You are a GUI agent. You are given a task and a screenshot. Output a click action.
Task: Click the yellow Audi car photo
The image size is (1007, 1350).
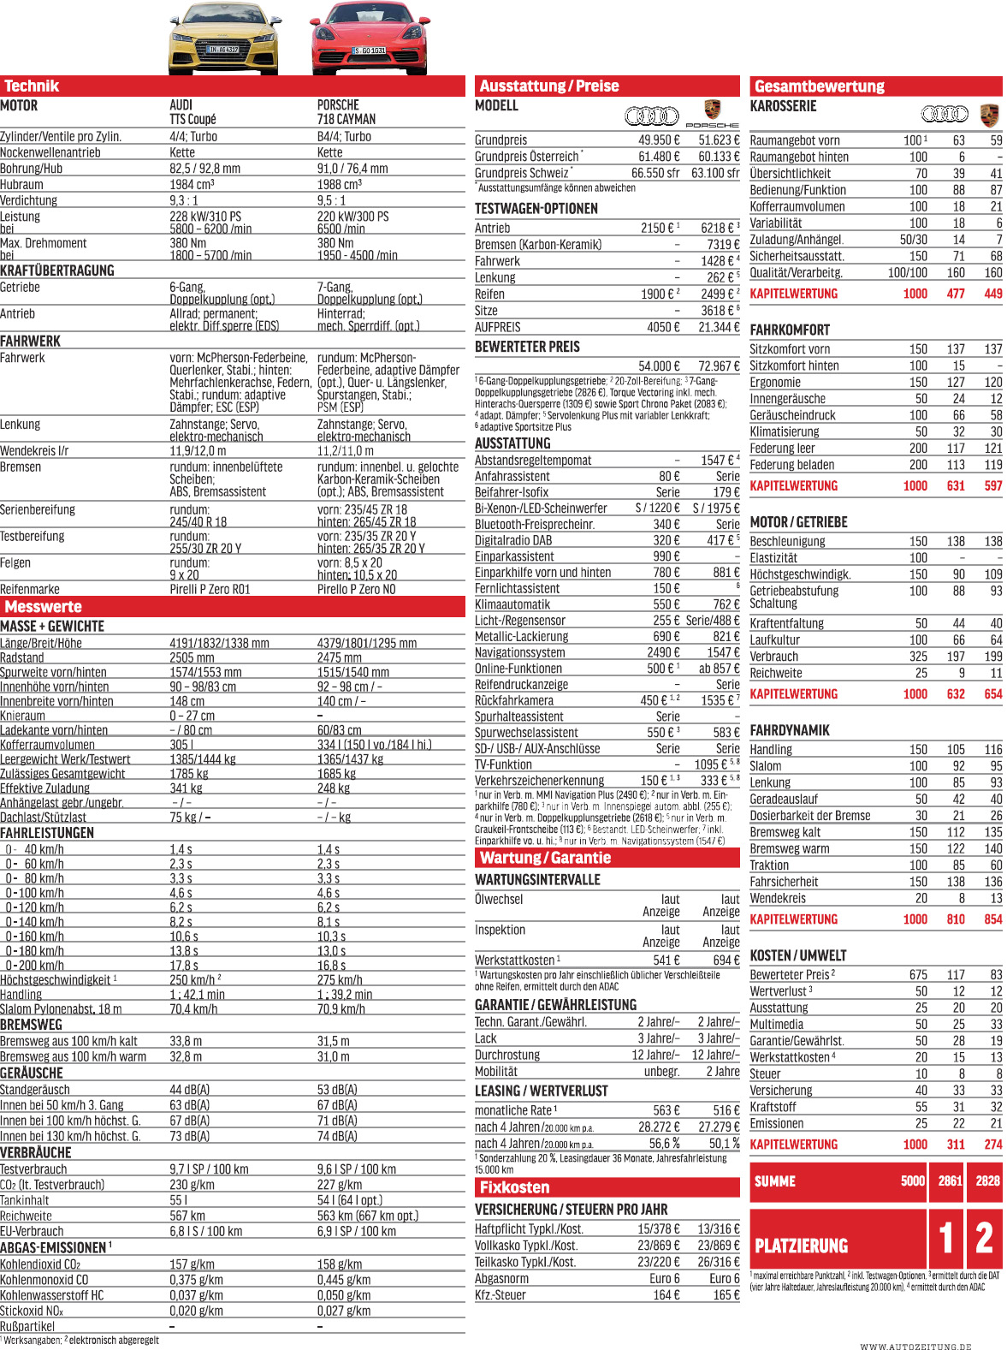pos(222,39)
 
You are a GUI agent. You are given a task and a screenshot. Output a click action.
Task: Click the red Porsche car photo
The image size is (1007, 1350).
pos(369,39)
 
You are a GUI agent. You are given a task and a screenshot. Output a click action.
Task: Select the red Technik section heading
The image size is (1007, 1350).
pos(32,86)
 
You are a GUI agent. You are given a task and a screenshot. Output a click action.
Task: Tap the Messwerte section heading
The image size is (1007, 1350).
pos(43,607)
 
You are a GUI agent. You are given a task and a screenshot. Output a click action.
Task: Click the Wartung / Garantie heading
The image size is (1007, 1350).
pos(545,858)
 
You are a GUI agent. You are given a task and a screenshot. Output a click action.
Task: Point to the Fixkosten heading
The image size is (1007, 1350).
pos(514,1187)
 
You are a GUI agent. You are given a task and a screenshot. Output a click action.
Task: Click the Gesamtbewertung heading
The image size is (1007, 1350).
pos(819,86)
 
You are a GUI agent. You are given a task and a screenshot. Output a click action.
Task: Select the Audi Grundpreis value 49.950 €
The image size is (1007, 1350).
pos(659,140)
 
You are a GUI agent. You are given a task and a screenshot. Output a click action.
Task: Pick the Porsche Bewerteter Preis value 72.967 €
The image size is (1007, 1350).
pos(719,366)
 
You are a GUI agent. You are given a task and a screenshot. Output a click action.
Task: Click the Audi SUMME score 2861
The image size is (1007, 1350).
pos(950,1181)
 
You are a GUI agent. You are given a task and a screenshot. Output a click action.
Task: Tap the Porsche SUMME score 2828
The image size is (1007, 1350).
pos(987,1181)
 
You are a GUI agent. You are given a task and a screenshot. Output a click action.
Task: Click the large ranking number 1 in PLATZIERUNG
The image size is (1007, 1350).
pos(946,1238)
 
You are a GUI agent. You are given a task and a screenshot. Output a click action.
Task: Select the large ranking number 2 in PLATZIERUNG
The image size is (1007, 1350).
pos(985,1238)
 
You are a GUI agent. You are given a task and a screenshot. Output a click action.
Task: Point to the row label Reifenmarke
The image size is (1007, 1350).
pos(30,590)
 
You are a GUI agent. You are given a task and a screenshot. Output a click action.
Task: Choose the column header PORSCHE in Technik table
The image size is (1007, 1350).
pos(338,105)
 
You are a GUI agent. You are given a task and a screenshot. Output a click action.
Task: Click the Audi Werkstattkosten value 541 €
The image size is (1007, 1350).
pos(666,960)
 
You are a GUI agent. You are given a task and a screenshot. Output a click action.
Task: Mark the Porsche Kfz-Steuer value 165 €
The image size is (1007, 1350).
pos(726,1295)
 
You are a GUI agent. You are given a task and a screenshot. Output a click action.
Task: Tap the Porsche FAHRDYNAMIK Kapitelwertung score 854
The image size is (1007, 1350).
pos(992,919)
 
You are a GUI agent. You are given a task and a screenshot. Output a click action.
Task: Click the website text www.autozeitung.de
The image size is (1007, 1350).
pos(915,1347)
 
